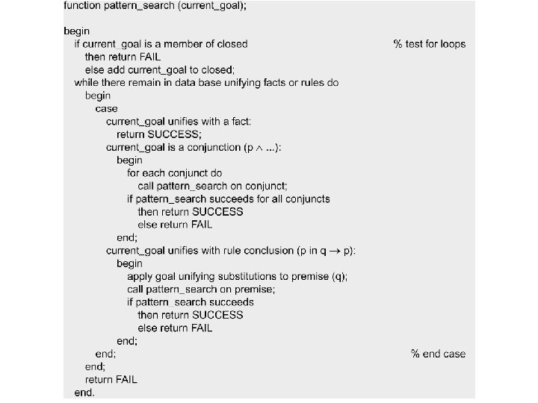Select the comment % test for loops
click(x=429, y=43)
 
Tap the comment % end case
click(x=438, y=354)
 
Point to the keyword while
click(x=88, y=82)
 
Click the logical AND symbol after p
click(x=257, y=148)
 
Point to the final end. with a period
click(x=84, y=393)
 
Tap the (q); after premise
click(x=338, y=276)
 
